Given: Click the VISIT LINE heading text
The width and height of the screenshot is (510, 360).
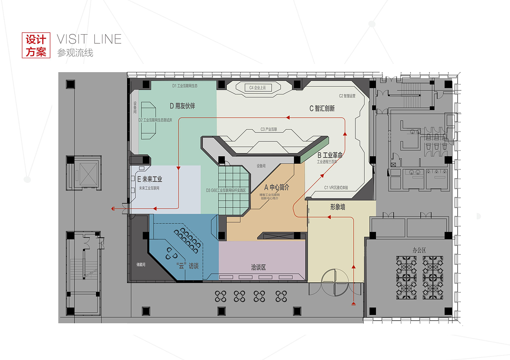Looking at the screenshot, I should pos(89,39).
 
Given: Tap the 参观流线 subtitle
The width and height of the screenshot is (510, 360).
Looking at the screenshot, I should pos(75,53).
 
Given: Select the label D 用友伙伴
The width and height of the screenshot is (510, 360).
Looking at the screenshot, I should pos(182,106).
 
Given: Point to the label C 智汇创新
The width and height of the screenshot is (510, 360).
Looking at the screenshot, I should pos(322,108).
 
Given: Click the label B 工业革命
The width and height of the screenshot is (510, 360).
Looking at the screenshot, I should pos(330,155).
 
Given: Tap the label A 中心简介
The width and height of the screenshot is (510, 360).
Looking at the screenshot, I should pos(277,187).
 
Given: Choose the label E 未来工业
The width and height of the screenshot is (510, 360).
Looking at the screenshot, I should pos(150,179).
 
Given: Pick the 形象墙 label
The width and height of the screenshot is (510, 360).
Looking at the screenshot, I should pos(337,207).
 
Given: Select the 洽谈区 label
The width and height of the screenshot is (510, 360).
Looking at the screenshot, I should pos(258,267).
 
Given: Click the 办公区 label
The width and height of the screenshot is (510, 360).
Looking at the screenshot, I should pos(419,250).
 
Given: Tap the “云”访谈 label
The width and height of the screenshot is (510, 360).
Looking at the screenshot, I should pos(187,266).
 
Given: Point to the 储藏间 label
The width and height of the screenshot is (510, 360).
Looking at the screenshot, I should pos(142,264).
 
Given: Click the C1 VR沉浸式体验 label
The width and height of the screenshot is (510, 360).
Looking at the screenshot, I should pos(339,187).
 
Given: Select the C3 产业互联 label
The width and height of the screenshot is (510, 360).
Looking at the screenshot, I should pos(271,129).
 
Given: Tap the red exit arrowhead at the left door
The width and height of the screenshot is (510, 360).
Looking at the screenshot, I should pos(113,209).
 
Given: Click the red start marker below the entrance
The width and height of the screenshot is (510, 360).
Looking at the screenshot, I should pos(353,305).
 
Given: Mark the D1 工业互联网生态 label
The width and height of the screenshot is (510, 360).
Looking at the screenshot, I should pos(185,86).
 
